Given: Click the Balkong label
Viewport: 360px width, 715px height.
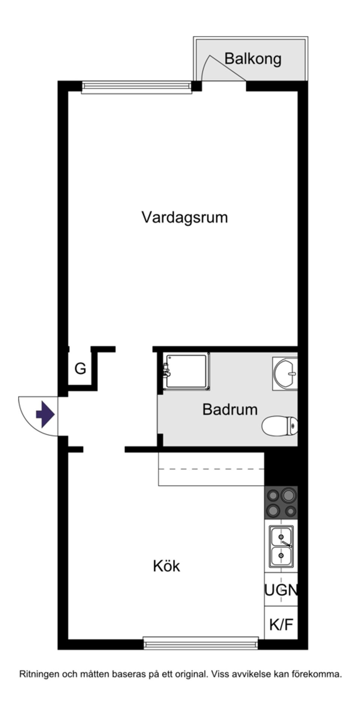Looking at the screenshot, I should tap(252, 59).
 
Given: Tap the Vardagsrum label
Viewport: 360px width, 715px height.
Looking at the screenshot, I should tap(184, 217).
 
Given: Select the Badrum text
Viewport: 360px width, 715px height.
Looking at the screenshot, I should tap(230, 409).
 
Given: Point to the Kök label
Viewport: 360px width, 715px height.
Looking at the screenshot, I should tap(166, 566).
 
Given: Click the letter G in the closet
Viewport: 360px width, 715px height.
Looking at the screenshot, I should tap(80, 369).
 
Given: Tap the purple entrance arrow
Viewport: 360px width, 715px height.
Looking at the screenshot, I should tap(45, 414).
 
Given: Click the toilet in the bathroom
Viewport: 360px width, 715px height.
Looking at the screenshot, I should tap(280, 426).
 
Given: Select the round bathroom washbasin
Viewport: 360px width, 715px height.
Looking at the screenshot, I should tap(285, 373).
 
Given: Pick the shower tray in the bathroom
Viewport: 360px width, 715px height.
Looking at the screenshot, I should tap(187, 371).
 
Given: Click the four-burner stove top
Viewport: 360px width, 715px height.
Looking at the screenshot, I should tap(281, 503).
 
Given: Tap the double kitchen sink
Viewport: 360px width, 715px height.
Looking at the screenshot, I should tap(281, 546).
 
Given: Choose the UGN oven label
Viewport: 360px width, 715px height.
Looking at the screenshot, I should tap(281, 591).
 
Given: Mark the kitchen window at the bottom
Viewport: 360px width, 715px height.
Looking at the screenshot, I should tap(201, 644).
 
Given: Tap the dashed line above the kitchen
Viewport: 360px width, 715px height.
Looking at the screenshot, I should tap(211, 469).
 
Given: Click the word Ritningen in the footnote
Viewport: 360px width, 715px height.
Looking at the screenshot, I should tap(39, 674).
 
